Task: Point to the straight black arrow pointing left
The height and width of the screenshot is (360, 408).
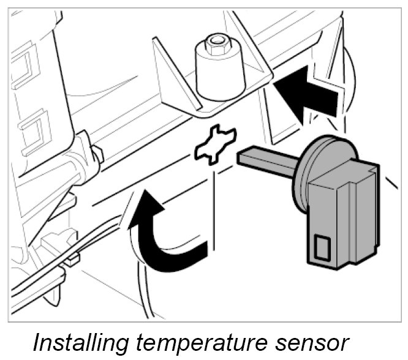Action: pyautogui.click(x=306, y=92)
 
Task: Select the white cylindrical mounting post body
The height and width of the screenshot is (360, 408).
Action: pyautogui.click(x=219, y=77)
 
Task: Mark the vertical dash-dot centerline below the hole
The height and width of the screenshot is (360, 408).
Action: pyautogui.click(x=213, y=214)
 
